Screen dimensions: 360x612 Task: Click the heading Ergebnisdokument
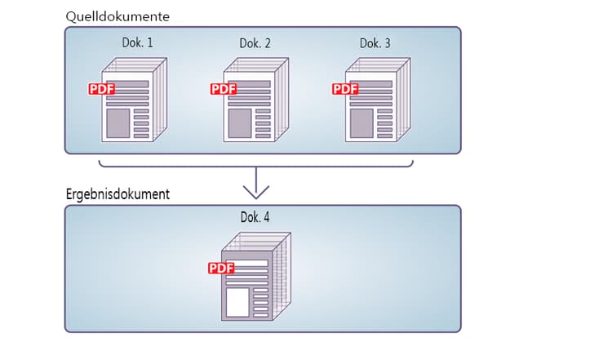(118, 195)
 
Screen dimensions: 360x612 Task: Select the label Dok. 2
(255, 42)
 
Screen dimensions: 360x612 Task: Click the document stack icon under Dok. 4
(253, 278)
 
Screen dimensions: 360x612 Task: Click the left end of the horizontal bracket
(100, 162)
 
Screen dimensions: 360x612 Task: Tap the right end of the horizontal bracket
(413, 162)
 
